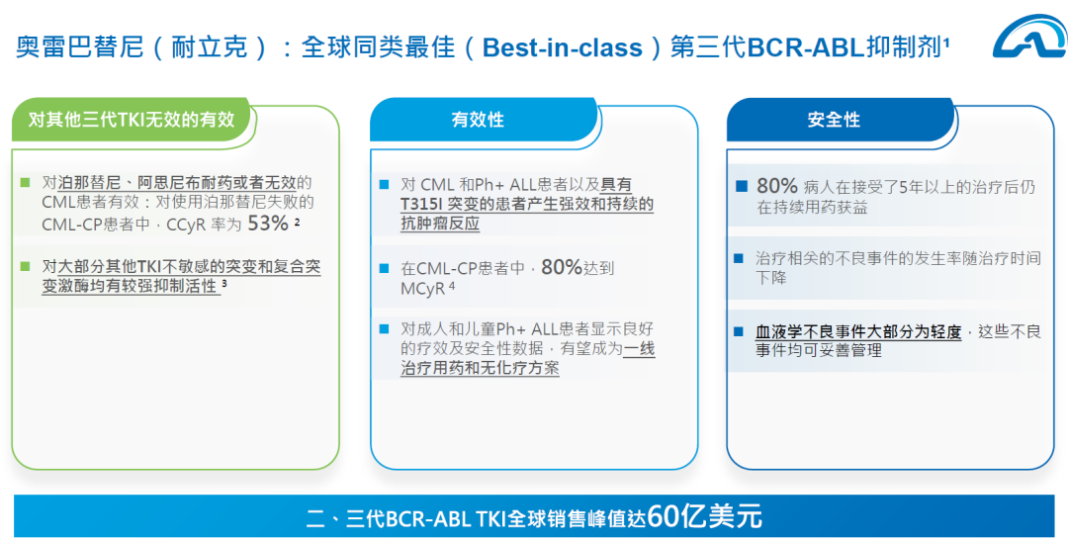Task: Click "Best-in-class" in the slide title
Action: [563, 47]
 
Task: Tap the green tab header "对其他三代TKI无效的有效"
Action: [132, 120]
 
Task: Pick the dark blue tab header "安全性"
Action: [834, 120]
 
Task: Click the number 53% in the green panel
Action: [268, 224]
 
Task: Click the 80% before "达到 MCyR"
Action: [562, 268]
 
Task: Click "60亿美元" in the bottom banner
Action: [704, 517]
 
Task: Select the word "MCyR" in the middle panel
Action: [423, 288]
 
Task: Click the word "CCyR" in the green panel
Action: [186, 225]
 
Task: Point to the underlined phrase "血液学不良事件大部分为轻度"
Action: [857, 332]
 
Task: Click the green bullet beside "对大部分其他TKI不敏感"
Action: [26, 266]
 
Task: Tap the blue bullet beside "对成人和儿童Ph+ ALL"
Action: [384, 329]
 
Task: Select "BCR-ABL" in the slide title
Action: [796, 47]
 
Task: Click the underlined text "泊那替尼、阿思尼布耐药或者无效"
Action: [178, 183]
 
